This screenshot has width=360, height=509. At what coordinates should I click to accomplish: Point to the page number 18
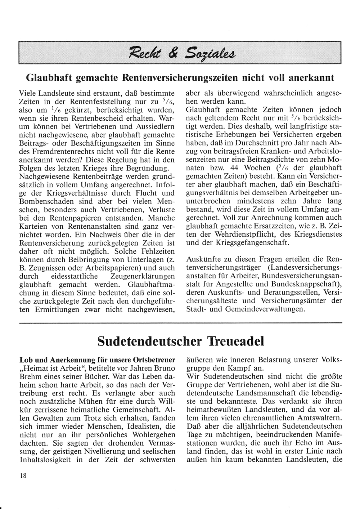point(23,476)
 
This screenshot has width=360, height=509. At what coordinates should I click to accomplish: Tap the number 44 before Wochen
point(235,168)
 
